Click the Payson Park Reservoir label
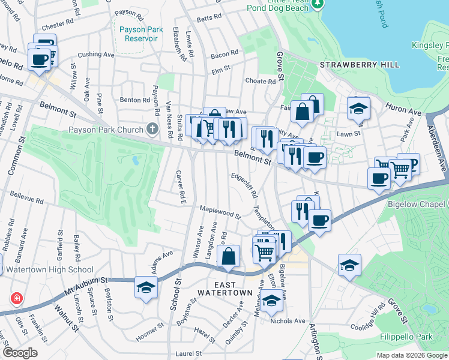[x=137, y=34]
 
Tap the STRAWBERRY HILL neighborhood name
[x=352, y=64]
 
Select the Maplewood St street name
[x=220, y=211]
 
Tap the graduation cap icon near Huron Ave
[x=358, y=108]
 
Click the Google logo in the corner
[x=20, y=352]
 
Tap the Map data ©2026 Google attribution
[x=411, y=355]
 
